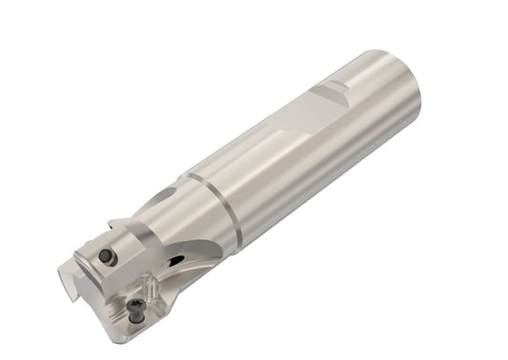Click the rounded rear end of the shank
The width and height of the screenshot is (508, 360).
coord(405,95)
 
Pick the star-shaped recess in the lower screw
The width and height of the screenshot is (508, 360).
coord(138,307)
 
